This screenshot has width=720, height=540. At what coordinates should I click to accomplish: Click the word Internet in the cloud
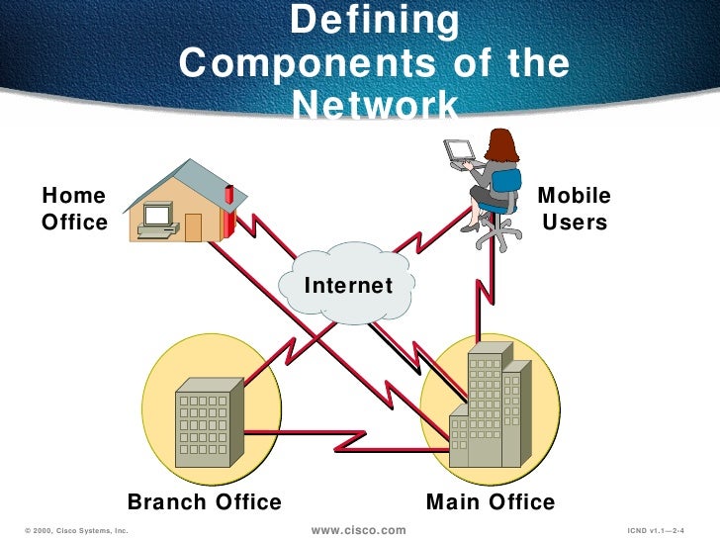tap(348, 286)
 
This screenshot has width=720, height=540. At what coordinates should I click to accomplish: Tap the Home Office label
tap(74, 209)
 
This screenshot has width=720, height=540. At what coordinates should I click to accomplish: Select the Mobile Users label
tap(574, 209)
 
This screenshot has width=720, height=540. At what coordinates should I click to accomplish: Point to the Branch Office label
tap(205, 502)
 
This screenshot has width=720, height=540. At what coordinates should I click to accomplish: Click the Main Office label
tap(491, 502)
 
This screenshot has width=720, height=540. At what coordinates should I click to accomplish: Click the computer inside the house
tap(157, 220)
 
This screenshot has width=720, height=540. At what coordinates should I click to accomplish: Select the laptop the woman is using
tap(460, 151)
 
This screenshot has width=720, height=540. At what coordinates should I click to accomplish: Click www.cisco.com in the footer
tap(359, 531)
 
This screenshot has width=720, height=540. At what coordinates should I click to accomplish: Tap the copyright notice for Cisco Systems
tap(72, 531)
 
